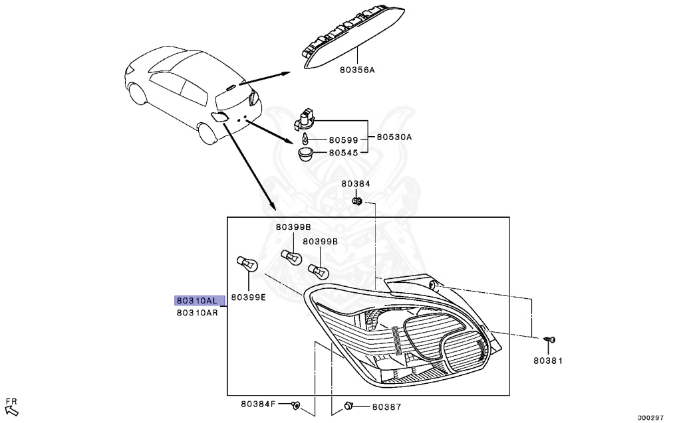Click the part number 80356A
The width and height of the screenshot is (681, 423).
pos(356,69)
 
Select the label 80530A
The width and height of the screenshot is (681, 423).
pos(394,137)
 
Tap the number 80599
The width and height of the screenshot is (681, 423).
pos(344,141)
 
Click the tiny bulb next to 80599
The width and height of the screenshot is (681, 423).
pos(305,139)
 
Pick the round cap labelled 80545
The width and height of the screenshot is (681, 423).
pos(306,154)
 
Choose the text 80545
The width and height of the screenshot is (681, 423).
pos(344,153)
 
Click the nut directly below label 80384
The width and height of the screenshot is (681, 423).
pos(356,200)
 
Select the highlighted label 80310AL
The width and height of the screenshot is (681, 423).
pos(197,300)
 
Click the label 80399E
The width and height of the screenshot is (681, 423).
pos(248,297)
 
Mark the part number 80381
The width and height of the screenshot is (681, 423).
pos(548,361)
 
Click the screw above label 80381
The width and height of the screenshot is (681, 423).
pos(549,341)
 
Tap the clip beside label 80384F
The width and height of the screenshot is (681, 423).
pos(297,404)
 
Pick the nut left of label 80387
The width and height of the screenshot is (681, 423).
pos(348,405)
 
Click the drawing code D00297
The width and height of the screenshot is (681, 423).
pos(650,418)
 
